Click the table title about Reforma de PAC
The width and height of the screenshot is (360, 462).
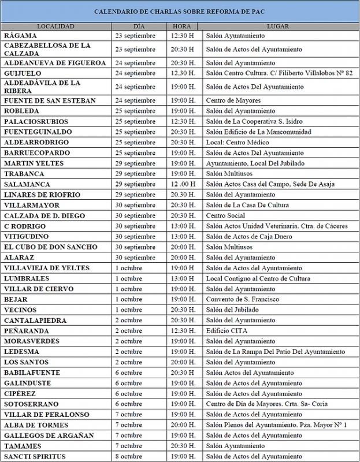(x=180, y=12)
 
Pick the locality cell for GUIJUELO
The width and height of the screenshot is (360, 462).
(x=23, y=73)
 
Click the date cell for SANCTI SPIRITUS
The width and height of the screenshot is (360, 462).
(x=136, y=457)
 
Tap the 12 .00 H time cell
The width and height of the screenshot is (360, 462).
(x=184, y=184)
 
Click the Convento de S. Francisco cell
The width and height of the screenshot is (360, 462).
(x=242, y=299)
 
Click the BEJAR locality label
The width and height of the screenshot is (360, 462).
(x=16, y=299)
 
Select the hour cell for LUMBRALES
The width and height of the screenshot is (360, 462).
(x=184, y=278)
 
